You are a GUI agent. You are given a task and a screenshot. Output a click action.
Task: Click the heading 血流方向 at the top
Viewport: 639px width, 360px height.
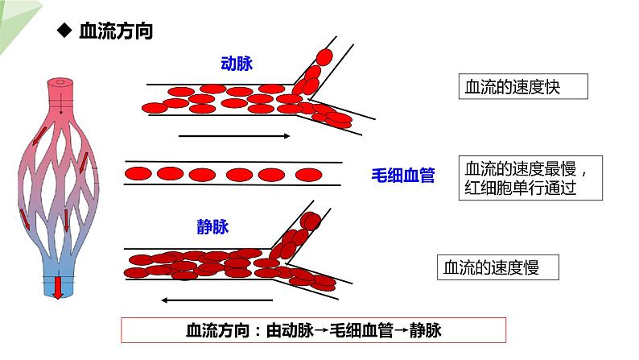coord(116,32)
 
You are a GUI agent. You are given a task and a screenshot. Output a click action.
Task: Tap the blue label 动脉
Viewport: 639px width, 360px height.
coord(237,64)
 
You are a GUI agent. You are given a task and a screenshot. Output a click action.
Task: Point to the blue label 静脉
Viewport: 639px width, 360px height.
coord(212,226)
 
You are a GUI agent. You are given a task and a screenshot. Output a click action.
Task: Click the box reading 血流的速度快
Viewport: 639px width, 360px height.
coord(522,87)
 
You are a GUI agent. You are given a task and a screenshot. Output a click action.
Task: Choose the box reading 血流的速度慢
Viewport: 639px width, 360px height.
coord(497,267)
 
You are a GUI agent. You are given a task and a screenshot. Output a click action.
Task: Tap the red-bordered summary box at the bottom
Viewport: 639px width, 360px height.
coord(313,331)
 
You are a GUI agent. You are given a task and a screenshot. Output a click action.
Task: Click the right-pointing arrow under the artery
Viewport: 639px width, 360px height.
coord(233,136)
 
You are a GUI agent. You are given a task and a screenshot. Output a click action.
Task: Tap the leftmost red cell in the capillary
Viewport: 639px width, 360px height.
coord(138,174)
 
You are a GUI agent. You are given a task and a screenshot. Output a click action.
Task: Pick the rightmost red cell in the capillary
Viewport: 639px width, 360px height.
coord(309,174)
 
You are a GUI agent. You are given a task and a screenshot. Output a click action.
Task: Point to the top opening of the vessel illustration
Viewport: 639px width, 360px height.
coord(60,83)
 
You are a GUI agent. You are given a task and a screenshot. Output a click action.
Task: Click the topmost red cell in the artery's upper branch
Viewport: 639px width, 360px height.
coord(324,57)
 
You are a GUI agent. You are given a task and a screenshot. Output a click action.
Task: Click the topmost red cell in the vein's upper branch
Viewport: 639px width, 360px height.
coord(311,221)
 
